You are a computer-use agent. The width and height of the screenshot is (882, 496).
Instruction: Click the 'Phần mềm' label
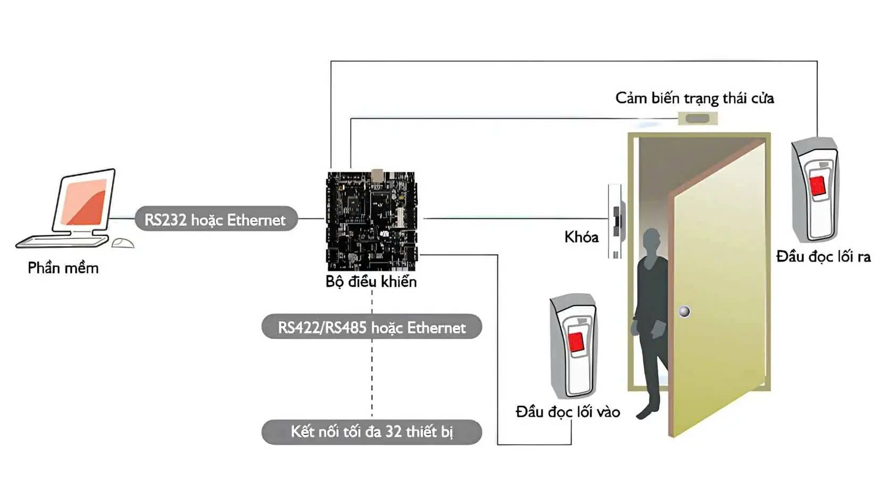[63, 268]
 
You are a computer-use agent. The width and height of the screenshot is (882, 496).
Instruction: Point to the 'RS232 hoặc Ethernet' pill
[215, 219]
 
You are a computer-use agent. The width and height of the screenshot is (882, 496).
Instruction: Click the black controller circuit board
[371, 220]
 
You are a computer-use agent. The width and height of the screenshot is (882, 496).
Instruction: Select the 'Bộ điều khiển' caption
[371, 281]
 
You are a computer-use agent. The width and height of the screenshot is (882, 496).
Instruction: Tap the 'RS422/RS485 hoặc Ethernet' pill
[371, 327]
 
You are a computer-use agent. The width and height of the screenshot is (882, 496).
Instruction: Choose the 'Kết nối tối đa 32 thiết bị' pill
[371, 432]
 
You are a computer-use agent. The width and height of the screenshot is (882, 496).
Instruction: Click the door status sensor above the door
[698, 118]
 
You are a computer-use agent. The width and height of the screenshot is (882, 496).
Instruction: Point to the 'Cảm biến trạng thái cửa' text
[694, 98]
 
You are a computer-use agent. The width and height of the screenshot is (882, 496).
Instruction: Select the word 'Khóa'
[581, 237]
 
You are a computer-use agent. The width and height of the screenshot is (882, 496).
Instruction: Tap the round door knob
[685, 311]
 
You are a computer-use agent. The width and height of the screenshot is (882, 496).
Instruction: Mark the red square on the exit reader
[818, 185]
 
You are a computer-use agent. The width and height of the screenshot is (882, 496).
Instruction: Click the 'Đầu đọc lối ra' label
[823, 257]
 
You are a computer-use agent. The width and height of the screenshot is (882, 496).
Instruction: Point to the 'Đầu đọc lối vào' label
[567, 412]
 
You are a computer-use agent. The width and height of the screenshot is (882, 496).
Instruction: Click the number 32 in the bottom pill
[394, 432]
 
